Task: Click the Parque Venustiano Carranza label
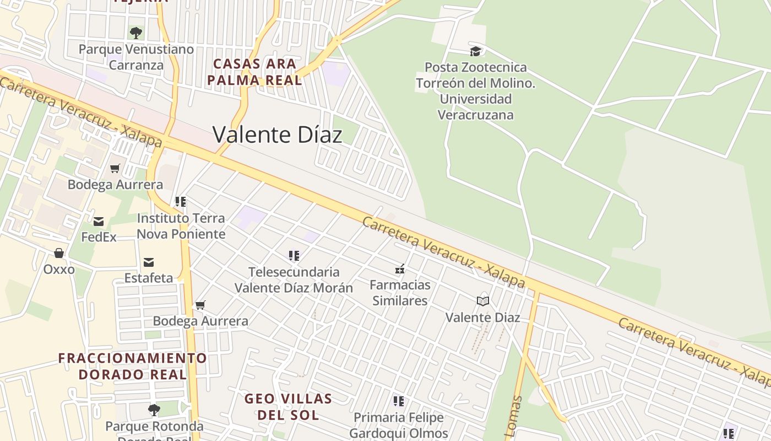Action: (x=136, y=57)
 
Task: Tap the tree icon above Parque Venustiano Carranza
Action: (x=136, y=33)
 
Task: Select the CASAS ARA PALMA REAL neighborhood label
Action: (x=254, y=72)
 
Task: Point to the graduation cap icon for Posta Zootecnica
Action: (x=475, y=51)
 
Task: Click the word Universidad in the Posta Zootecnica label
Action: (x=475, y=99)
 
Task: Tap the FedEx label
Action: (x=99, y=237)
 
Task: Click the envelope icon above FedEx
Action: (x=99, y=222)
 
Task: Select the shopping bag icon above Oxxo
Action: (x=59, y=253)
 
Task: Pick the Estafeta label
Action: (x=149, y=278)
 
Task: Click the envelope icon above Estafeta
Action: (x=149, y=262)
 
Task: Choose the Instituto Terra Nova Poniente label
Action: (x=181, y=226)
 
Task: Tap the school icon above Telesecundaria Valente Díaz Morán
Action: (x=294, y=256)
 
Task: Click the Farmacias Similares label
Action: (x=400, y=293)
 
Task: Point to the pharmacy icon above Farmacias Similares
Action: (x=400, y=270)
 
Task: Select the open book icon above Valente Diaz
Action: (x=483, y=301)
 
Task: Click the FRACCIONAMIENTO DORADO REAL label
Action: (x=133, y=366)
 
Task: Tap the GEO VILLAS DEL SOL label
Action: (x=288, y=406)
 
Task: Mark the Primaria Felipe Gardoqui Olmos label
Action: (x=399, y=426)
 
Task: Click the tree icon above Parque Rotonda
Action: (x=154, y=410)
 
